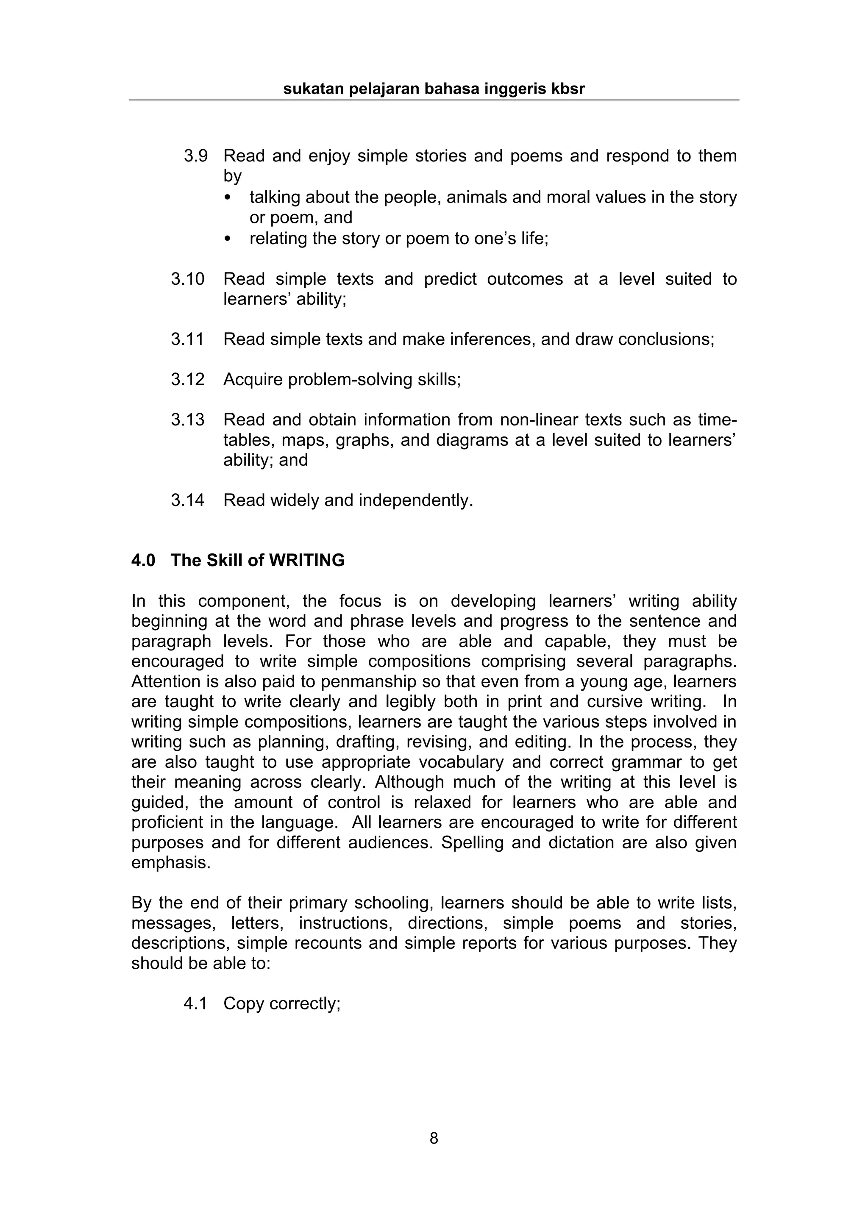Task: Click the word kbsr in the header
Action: pos(568,89)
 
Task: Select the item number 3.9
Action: pos(195,156)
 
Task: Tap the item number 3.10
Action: pos(188,279)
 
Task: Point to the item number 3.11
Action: pos(188,339)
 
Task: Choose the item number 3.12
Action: pos(188,379)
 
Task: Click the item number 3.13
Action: pos(188,420)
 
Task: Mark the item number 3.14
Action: pos(188,500)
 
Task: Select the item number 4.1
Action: pos(195,1003)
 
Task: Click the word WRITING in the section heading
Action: pos(306,561)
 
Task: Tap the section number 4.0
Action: pos(143,561)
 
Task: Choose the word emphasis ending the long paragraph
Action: pos(171,863)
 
